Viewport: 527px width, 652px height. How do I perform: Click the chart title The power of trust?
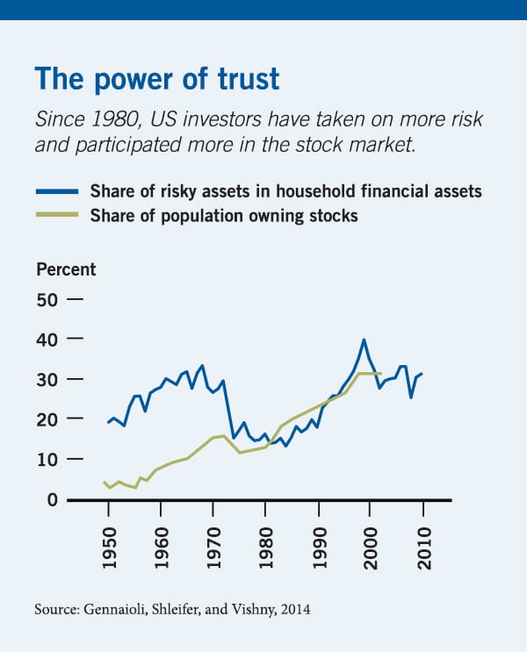[156, 78]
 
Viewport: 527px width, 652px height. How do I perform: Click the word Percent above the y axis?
[66, 269]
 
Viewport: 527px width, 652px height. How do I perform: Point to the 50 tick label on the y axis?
[47, 299]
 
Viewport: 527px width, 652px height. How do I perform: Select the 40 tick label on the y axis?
[47, 339]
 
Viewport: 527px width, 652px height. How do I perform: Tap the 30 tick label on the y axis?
[47, 379]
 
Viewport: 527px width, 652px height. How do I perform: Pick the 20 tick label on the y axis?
[47, 419]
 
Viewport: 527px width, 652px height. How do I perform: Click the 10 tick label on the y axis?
[47, 459]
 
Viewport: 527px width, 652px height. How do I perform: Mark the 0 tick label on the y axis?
[52, 499]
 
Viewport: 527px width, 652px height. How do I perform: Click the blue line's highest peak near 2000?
[364, 340]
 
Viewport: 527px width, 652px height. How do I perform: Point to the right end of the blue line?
[422, 374]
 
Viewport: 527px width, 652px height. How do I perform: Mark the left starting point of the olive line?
[105, 482]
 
